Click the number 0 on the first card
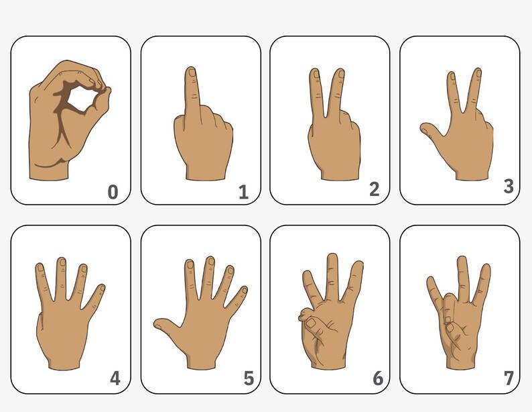113,193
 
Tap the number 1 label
243,193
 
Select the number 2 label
375,189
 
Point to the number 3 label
509,186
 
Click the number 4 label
115,378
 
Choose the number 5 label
249,379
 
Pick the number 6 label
378,379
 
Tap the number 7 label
509,378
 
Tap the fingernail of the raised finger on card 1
192,73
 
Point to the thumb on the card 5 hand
164,326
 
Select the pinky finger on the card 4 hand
100,295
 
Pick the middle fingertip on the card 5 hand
210,262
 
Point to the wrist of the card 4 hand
64,359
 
